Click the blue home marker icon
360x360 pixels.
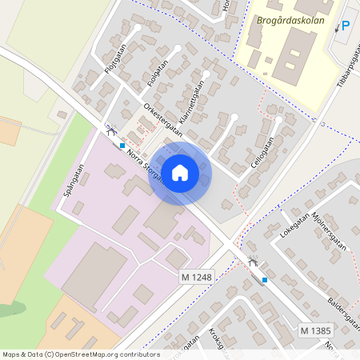(180, 172)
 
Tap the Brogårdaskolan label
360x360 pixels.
(291, 21)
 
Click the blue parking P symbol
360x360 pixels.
(346, 26)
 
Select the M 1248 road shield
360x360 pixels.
(195, 276)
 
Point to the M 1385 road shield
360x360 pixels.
(316, 330)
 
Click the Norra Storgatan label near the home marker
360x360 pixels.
(144, 164)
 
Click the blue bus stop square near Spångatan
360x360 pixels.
(122, 146)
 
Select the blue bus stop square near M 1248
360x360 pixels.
(265, 280)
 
